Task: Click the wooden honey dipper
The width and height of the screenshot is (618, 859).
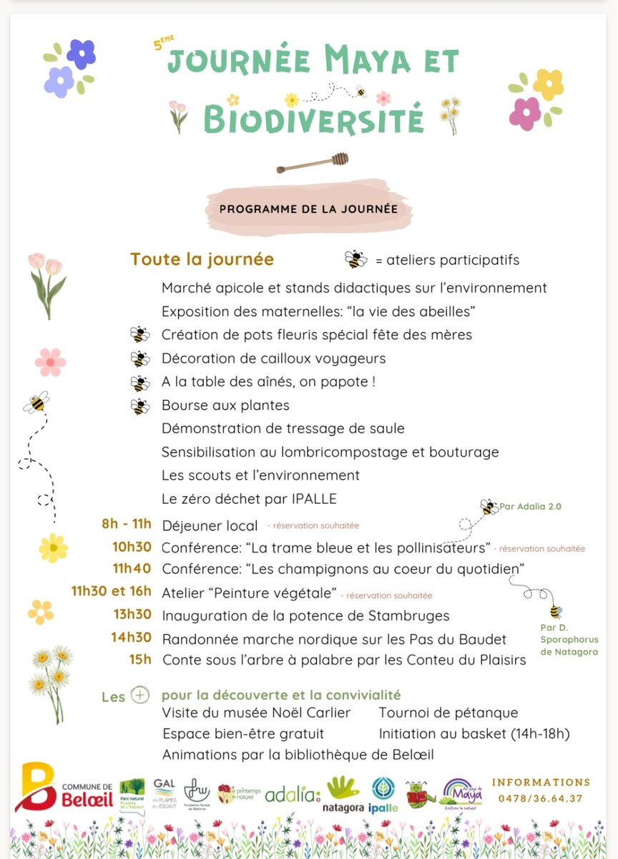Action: (313, 163)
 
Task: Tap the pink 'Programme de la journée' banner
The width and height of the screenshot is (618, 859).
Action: (308, 209)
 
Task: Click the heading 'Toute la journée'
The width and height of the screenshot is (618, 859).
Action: (202, 259)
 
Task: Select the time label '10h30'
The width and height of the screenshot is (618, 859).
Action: (132, 547)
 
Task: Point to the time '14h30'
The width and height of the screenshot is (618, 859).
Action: (132, 637)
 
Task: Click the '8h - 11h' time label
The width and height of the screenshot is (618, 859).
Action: (127, 523)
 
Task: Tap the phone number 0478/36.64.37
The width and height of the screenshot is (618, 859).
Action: (541, 798)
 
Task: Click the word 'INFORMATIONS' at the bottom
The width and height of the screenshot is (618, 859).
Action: (541, 782)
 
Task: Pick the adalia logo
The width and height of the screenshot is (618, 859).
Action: (293, 794)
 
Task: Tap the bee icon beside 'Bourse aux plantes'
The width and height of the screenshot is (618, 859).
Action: (140, 406)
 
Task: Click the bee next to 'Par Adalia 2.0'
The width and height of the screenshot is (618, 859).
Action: (489, 507)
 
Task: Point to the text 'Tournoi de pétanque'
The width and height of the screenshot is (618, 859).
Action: (448, 712)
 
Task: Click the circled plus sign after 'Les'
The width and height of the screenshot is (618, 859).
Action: (140, 695)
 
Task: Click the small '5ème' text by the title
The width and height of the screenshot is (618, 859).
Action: (164, 43)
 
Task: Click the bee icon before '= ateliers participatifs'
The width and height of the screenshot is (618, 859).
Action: (355, 259)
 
